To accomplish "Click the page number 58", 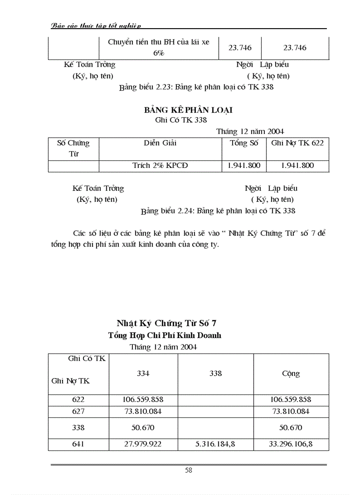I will (x=188, y=470).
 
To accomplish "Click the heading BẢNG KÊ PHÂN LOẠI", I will (x=188, y=110).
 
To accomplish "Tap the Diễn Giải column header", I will (x=160, y=143).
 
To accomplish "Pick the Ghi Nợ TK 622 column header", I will (x=297, y=143).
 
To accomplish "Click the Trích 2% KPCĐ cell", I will (x=160, y=166).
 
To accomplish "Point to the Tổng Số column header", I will (x=244, y=143).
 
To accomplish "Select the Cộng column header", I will (x=291, y=373).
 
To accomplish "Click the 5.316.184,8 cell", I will (x=215, y=444).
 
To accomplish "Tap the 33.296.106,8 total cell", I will (x=291, y=444).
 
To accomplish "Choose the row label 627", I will (x=78, y=411).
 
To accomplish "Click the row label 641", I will (x=78, y=444).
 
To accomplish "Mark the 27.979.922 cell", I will (x=143, y=444).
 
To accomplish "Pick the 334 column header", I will (x=143, y=373).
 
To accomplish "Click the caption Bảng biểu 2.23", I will (x=196, y=87).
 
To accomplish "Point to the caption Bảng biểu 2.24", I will (x=218, y=211).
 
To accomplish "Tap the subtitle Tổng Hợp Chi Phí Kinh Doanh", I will (x=165, y=335).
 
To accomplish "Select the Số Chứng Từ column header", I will (x=73, y=149).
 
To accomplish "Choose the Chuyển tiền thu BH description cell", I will (x=158, y=48).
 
